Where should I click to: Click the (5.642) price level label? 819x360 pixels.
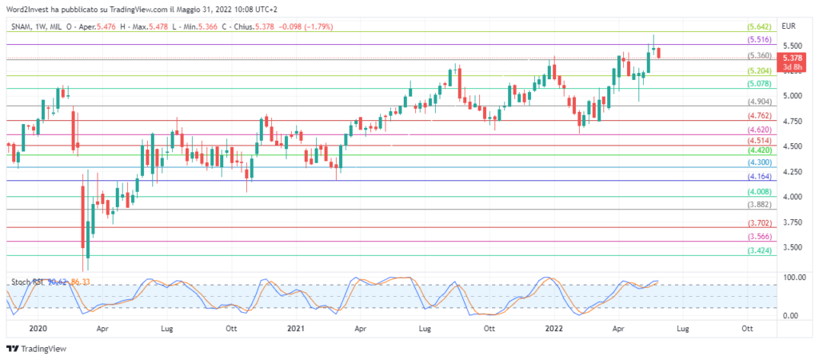click(x=759, y=26)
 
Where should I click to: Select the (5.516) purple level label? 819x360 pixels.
click(x=759, y=39)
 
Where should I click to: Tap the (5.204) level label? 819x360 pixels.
click(x=759, y=71)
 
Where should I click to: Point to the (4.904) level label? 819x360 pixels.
click(x=759, y=102)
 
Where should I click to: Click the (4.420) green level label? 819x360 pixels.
click(x=759, y=150)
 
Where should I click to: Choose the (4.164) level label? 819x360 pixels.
click(x=759, y=176)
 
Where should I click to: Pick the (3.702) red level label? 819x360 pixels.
click(x=759, y=223)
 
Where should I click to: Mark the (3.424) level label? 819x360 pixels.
click(x=759, y=251)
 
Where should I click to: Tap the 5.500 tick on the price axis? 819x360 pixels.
click(x=792, y=46)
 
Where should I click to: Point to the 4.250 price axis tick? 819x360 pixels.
click(x=792, y=171)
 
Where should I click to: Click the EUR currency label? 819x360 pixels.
click(x=790, y=26)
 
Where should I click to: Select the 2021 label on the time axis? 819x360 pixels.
click(x=295, y=328)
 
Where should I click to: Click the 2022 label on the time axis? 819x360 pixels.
click(x=554, y=328)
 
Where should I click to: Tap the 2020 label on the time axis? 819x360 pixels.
click(x=37, y=328)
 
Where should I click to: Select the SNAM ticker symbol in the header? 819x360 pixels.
click(x=22, y=26)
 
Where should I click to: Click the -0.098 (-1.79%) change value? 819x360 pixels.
click(x=306, y=26)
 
